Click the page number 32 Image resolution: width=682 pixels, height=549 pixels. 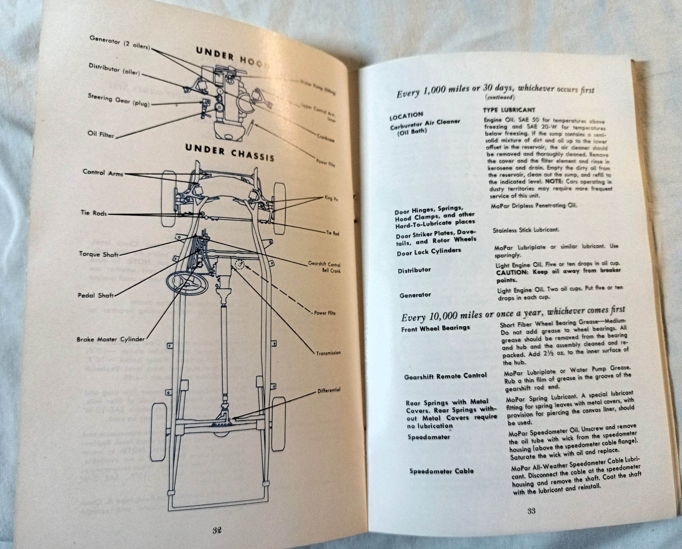[x=217, y=530]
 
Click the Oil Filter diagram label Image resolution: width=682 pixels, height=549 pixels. [x=101, y=134]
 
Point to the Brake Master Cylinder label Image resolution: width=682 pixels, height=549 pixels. [x=111, y=339]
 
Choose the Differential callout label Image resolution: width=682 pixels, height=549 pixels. [x=328, y=390]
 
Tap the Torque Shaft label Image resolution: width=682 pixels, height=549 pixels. [x=99, y=254]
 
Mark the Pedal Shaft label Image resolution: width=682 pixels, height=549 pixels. [x=96, y=295]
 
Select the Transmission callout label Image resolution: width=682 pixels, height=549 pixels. [x=328, y=353]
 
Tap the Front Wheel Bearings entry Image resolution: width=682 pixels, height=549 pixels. [x=436, y=328]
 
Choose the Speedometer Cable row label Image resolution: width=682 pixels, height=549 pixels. [x=441, y=471]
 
